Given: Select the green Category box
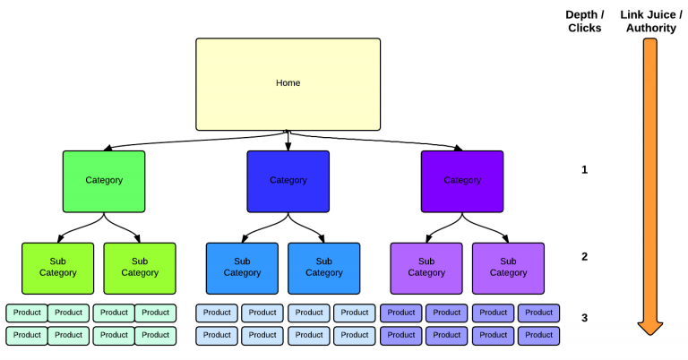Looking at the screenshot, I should pyautogui.click(x=104, y=181).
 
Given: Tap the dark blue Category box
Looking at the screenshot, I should pyautogui.click(x=288, y=181).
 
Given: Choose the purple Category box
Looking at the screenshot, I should pyautogui.click(x=462, y=181).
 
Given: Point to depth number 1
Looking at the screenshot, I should pyautogui.click(x=585, y=169).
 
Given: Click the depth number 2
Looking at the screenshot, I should pyautogui.click(x=585, y=256).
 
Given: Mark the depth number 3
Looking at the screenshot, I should pyautogui.click(x=585, y=317).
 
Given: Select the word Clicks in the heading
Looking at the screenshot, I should pyautogui.click(x=584, y=28).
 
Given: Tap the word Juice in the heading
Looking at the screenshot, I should pyautogui.click(x=659, y=15).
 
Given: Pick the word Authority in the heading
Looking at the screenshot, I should pyautogui.click(x=650, y=28).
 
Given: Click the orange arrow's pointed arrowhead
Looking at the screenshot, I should pyautogui.click(x=650, y=327).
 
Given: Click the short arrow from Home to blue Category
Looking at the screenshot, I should pyautogui.click(x=288, y=141).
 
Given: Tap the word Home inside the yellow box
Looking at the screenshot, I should pyautogui.click(x=288, y=83).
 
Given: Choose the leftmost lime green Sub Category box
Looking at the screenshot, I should pyautogui.click(x=57, y=268).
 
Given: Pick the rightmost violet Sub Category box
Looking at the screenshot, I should pyautogui.click(x=508, y=268).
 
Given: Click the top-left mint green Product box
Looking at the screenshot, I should pyautogui.click(x=27, y=313).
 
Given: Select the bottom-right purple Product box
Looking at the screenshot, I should pyautogui.click(x=538, y=335).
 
